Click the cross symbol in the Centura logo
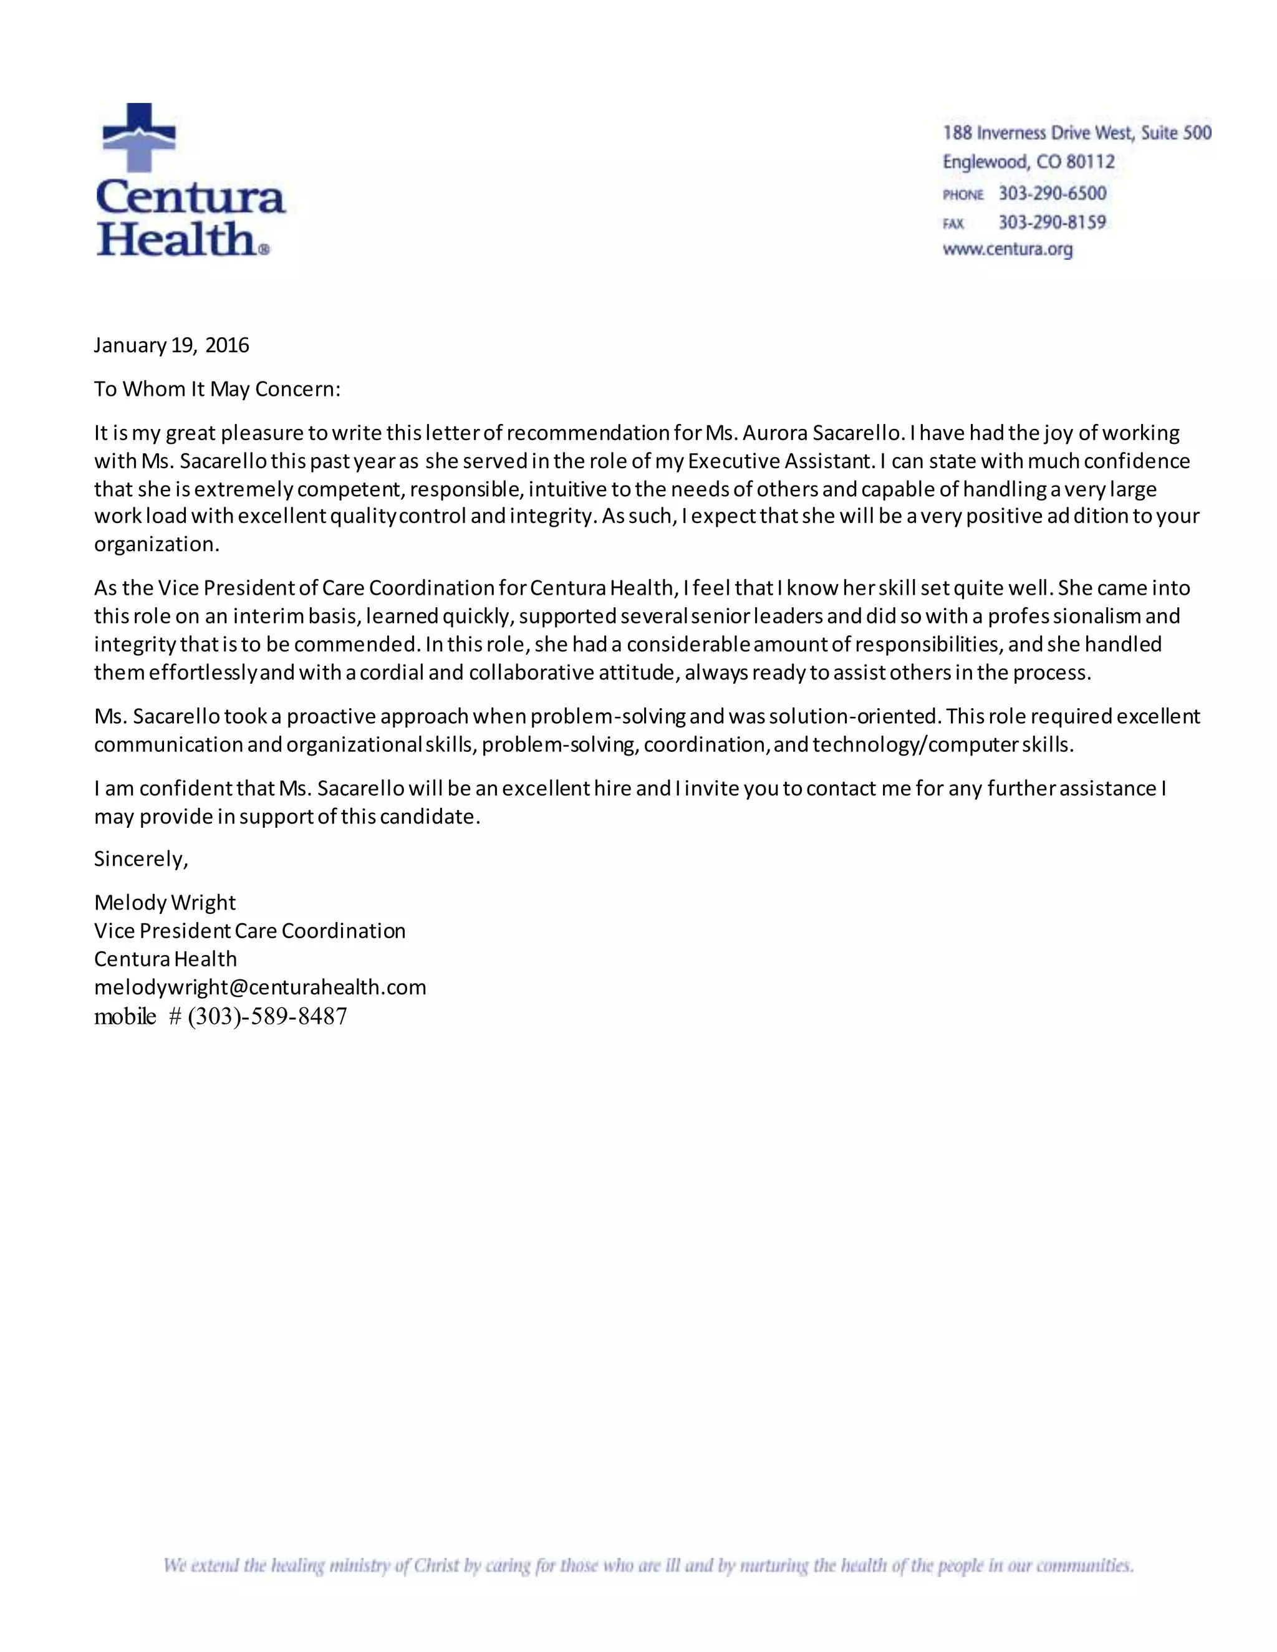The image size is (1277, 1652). pos(138,137)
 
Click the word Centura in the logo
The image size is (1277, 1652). pos(191,198)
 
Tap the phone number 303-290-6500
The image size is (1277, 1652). pos(1051,194)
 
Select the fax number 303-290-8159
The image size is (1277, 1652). pos(1051,223)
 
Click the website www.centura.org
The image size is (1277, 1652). pos(1007,249)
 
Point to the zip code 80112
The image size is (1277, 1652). pos(1089,162)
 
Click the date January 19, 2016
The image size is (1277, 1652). pos(171,346)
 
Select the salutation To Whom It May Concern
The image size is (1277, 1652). pos(217,390)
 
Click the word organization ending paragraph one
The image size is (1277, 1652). pos(156,545)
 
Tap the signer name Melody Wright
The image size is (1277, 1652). pos(165,903)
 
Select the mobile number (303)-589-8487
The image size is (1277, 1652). pos(267,1017)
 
